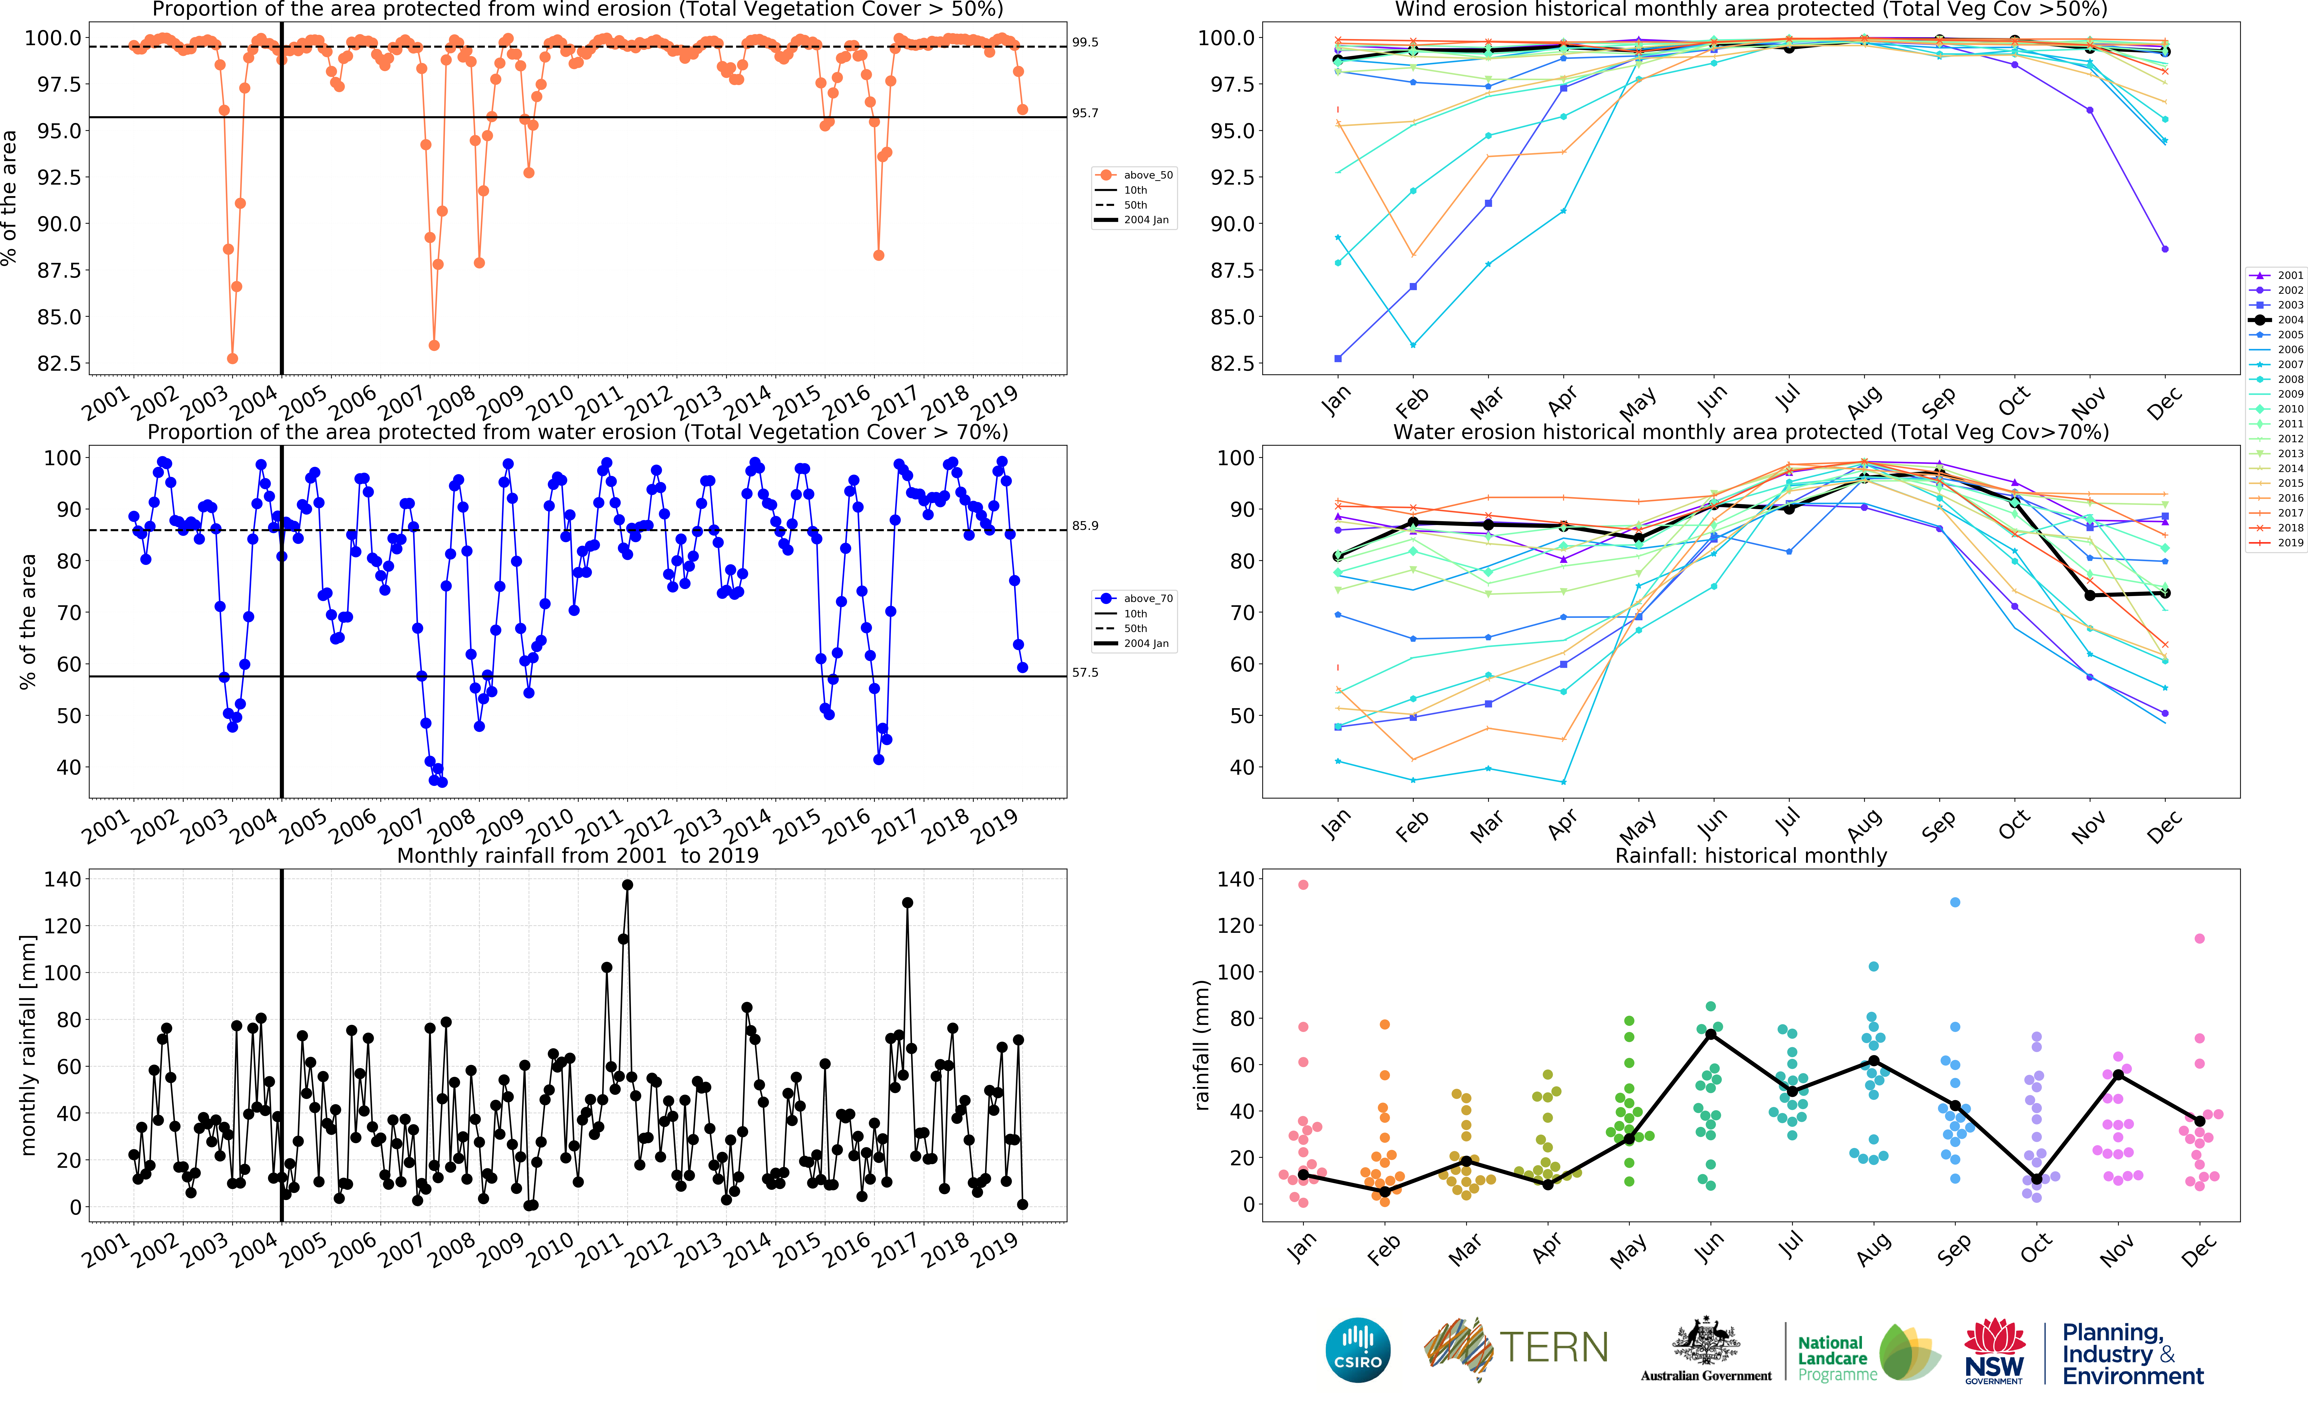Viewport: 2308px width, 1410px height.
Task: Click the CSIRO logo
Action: (1357, 1350)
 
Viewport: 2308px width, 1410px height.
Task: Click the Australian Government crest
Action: (1706, 1342)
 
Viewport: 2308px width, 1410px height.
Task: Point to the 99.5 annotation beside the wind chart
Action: (1085, 42)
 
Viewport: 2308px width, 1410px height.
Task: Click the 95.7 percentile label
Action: (1085, 113)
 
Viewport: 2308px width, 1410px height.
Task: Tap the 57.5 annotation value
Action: (1085, 673)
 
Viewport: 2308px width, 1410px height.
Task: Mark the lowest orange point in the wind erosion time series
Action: (232, 359)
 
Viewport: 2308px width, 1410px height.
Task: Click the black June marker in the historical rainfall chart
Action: (1710, 1034)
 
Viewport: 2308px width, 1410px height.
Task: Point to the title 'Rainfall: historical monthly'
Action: (1751, 855)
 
